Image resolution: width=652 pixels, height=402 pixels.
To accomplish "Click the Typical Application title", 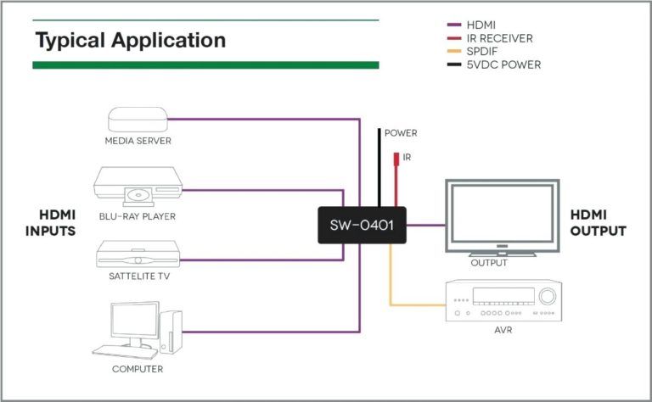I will tap(130, 40).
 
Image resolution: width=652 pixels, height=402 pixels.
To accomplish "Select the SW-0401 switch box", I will tap(362, 226).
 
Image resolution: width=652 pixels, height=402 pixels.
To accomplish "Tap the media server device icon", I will tap(138, 120).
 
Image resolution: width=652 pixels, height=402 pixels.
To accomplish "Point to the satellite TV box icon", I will tap(137, 254).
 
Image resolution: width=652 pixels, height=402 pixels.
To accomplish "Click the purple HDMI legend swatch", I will tap(454, 25).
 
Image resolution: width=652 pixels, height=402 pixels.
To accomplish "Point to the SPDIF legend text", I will tap(482, 51).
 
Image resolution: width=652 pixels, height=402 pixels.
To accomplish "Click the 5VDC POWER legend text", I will tap(503, 64).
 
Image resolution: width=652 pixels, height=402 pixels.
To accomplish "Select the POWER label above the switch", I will tap(401, 133).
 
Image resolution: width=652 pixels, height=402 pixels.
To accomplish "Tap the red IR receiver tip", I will tap(395, 159).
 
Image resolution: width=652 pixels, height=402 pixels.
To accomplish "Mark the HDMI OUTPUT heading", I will tap(598, 222).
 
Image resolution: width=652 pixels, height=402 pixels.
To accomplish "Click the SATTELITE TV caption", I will tap(137, 277).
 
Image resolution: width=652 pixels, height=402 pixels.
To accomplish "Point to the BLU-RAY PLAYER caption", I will tap(137, 216).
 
